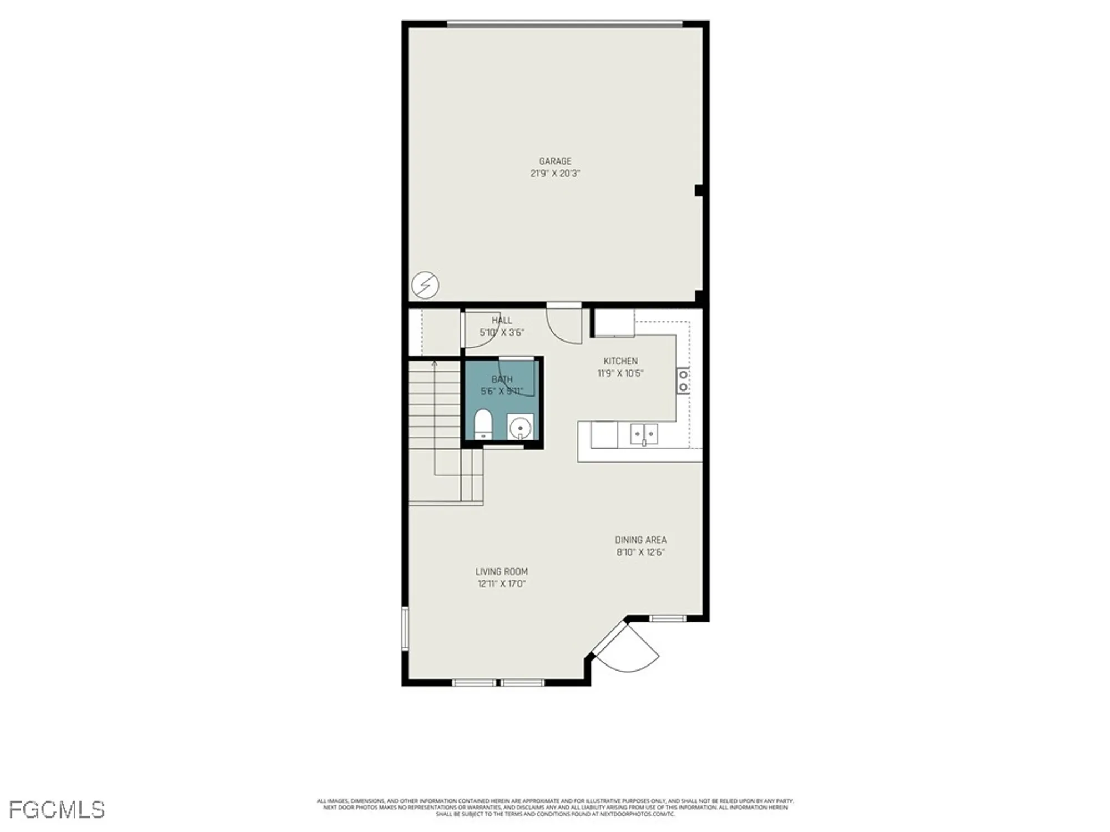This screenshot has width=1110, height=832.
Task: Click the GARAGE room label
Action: coord(555,161)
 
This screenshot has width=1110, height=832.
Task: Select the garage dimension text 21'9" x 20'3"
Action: coord(555,174)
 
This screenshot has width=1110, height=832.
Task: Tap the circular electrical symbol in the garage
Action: coord(425,285)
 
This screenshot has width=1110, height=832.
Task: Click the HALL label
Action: coord(502,321)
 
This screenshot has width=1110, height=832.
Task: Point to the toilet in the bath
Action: coord(483,424)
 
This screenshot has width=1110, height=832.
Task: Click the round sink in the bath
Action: coord(520,428)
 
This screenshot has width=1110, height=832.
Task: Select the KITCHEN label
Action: coord(620,361)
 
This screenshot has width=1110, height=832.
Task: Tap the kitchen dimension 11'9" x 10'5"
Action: coord(620,373)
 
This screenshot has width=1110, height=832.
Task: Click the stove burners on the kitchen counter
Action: coord(683,381)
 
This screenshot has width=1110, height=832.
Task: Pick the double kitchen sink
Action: coord(644,434)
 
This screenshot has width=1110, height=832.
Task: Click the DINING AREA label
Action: coord(640,540)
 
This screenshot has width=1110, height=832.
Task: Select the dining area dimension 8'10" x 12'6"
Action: coord(640,552)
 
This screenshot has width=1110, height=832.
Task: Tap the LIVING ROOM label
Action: coord(501,571)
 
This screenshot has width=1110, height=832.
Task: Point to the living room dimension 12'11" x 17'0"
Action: coord(501,584)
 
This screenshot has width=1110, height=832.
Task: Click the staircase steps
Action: coord(435,405)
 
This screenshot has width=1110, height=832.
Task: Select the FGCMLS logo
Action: coord(57,810)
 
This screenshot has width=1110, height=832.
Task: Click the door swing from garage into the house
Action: coord(564,327)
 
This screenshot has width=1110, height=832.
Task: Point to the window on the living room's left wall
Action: coord(405,628)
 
